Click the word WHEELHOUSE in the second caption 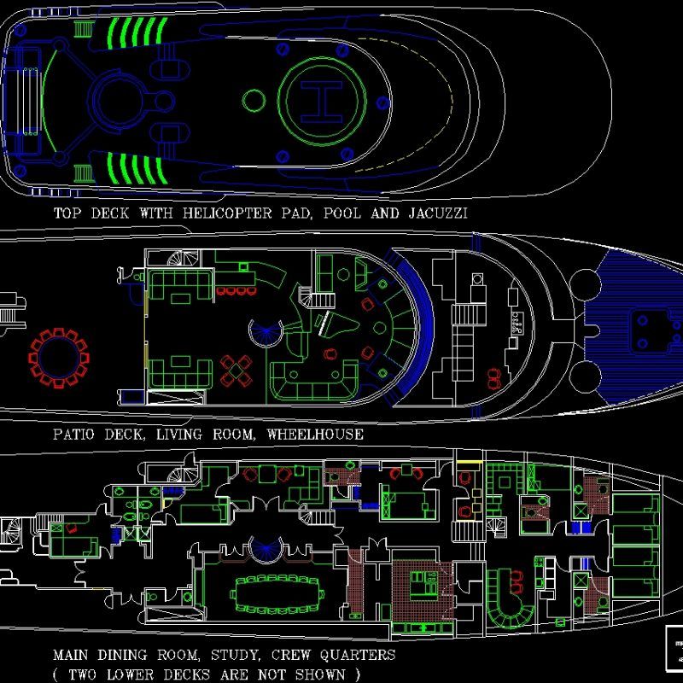tap(315, 435)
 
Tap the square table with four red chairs tap(236, 370)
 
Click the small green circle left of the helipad tap(254, 101)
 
